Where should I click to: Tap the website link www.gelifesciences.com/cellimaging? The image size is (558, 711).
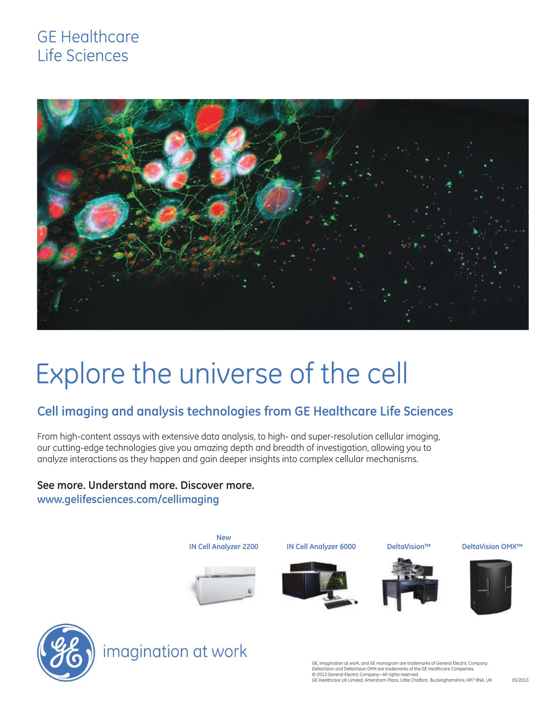[x=128, y=499]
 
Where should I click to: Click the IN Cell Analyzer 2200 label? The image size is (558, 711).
[x=224, y=547]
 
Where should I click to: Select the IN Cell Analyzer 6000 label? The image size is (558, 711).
[x=321, y=547]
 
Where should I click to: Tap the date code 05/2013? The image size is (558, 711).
[x=520, y=680]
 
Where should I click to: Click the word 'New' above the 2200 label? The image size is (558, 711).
[x=224, y=538]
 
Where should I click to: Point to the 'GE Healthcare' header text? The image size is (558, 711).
[x=88, y=37]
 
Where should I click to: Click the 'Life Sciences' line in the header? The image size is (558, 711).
[x=83, y=56]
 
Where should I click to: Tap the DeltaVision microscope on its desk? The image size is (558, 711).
[x=410, y=585]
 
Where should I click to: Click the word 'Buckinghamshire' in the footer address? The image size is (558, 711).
[x=447, y=680]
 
